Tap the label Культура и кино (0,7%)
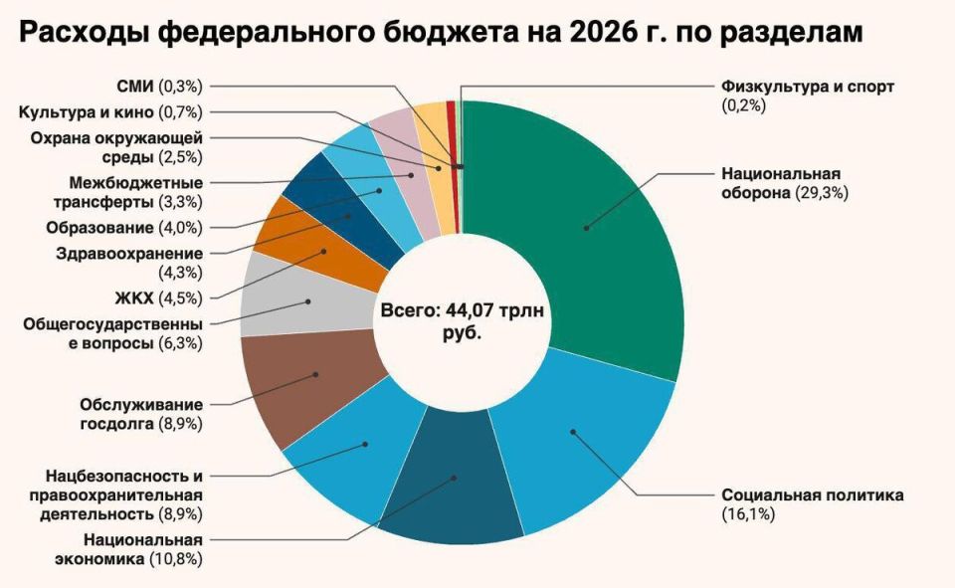tap(110, 111)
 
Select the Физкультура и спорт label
tap(808, 87)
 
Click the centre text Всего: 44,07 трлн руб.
tap(462, 321)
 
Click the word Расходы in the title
tap(84, 34)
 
